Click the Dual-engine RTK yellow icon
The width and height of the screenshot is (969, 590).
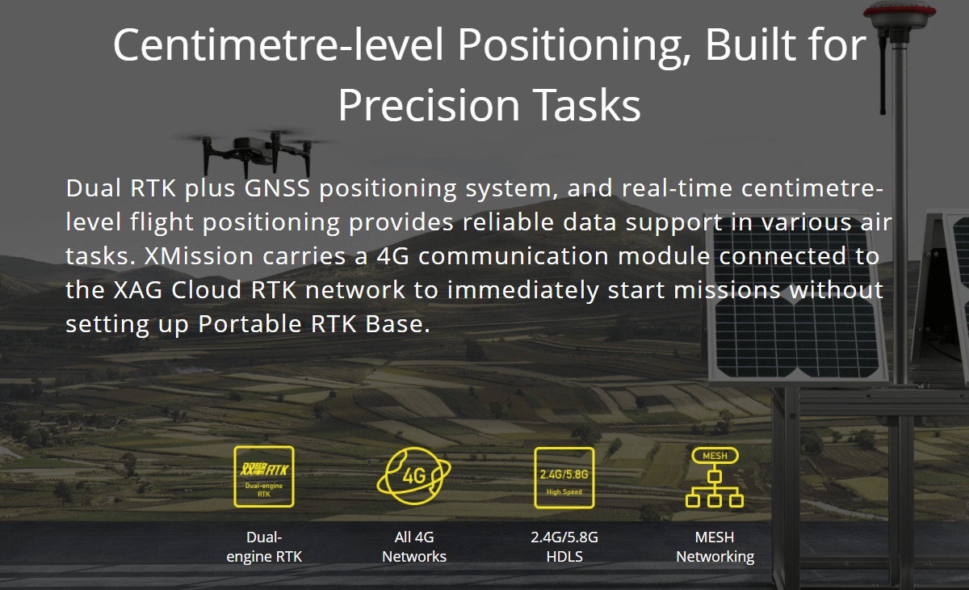[264, 476]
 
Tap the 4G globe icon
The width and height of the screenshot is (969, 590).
[414, 476]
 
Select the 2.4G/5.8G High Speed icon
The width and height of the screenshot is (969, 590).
[564, 478]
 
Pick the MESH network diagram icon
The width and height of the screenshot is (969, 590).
[715, 477]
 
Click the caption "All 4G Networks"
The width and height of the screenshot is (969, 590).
[414, 546]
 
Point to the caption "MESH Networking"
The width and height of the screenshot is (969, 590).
[715, 546]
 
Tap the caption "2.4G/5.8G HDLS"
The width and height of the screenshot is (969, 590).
[564, 546]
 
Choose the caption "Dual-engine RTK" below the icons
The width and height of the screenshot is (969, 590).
[264, 546]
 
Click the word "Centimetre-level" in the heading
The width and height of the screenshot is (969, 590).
[279, 44]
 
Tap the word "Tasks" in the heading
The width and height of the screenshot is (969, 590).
[586, 105]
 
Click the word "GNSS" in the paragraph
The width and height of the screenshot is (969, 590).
[277, 188]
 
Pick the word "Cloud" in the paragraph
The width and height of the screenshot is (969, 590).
[207, 289]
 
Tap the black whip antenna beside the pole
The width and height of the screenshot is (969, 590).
[883, 74]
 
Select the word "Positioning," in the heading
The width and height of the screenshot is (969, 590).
[574, 47]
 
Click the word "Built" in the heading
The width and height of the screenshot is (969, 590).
[751, 44]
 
